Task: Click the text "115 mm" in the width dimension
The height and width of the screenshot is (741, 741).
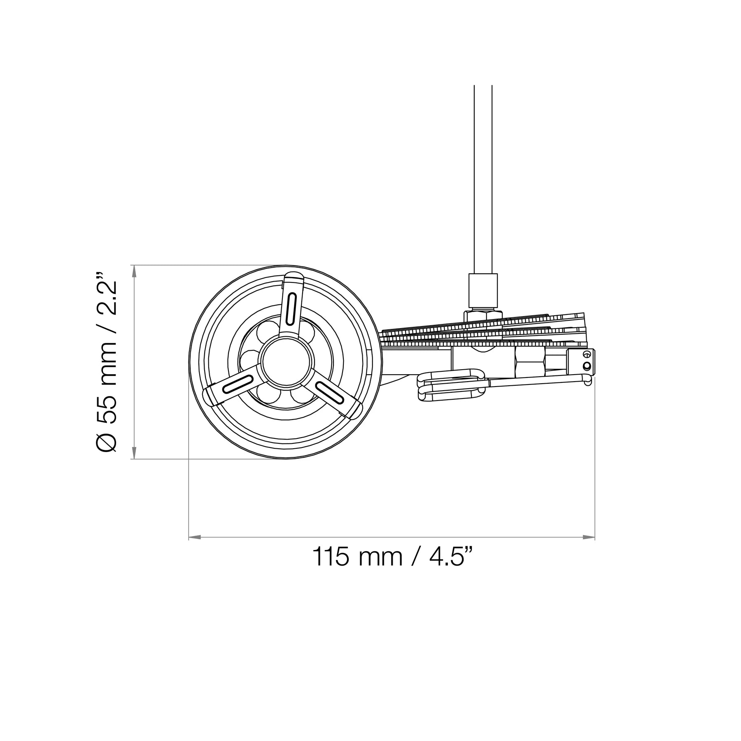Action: pyautogui.click(x=357, y=557)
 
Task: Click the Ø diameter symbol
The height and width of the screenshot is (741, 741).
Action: pyautogui.click(x=107, y=441)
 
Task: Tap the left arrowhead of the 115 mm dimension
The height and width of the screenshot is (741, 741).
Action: pyautogui.click(x=194, y=537)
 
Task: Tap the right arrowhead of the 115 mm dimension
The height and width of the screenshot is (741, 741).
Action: pyautogui.click(x=589, y=537)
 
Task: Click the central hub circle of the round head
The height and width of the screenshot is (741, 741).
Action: pyautogui.click(x=286, y=362)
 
